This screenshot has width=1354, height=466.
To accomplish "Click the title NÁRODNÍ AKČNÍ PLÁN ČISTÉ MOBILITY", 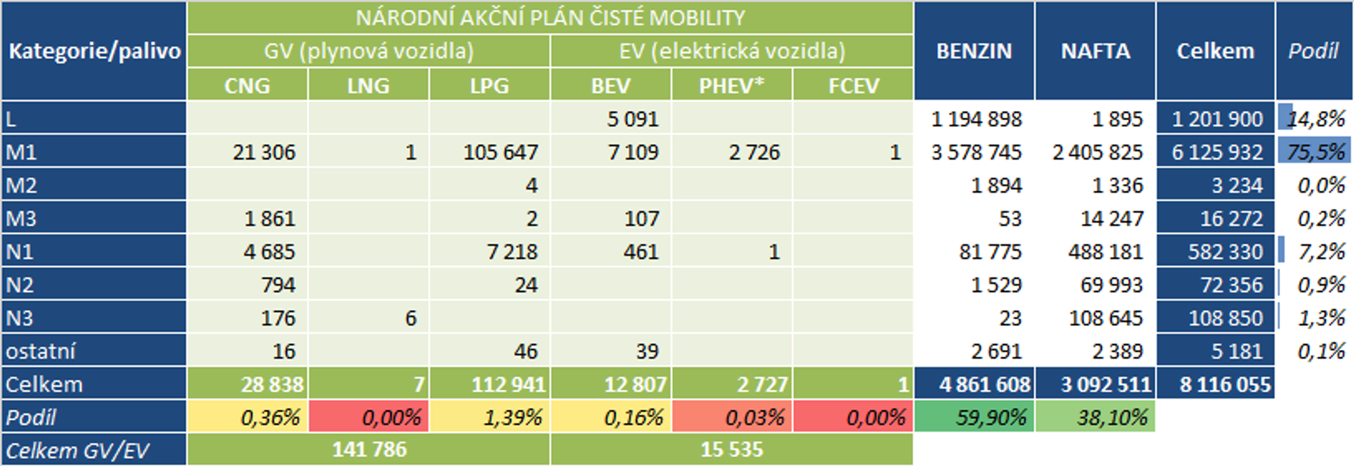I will (550, 18).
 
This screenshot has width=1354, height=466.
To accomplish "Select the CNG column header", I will (247, 86).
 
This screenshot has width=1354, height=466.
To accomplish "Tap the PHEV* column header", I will (732, 86).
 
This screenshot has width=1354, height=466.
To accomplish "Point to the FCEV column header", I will (853, 86).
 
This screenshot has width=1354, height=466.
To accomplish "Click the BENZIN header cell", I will (974, 51).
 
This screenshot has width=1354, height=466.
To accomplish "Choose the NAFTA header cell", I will (1095, 51).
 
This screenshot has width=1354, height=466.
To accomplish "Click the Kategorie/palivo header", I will (94, 51).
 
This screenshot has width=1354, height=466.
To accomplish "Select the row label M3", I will (21, 218).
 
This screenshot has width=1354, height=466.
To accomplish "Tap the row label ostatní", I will (41, 351).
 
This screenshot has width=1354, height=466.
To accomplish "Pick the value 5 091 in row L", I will (632, 119).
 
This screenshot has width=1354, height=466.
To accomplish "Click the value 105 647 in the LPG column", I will (500, 152).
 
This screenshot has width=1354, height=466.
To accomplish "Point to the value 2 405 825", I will (1097, 152).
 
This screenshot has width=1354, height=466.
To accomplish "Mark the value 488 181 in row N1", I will (1105, 252).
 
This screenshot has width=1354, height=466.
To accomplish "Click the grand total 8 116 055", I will (1225, 385).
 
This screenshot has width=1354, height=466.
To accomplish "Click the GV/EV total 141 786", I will (369, 450).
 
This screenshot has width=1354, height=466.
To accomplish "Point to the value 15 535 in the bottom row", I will (732, 450).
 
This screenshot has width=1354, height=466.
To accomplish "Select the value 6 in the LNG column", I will (411, 318).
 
